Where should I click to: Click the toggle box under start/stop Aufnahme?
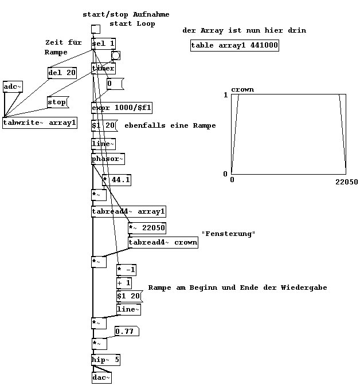point(96,30)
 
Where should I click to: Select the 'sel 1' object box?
point(103,44)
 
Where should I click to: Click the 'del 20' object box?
point(62,73)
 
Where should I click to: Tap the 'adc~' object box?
point(12,86)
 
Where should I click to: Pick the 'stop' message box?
point(57,103)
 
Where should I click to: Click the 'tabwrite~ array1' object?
point(40,123)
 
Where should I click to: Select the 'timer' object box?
point(103,69)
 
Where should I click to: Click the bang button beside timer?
point(115,56)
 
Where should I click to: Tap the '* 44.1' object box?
point(116,180)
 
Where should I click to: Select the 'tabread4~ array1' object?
point(128,212)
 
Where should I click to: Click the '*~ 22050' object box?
point(147,228)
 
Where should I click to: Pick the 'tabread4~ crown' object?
point(163,242)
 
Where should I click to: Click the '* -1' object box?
point(126,270)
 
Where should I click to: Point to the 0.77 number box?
point(126,331)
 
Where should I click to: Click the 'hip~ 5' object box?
point(105,360)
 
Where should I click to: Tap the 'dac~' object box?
point(101,377)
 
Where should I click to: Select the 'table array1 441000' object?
point(234,46)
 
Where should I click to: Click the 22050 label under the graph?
point(346,182)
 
